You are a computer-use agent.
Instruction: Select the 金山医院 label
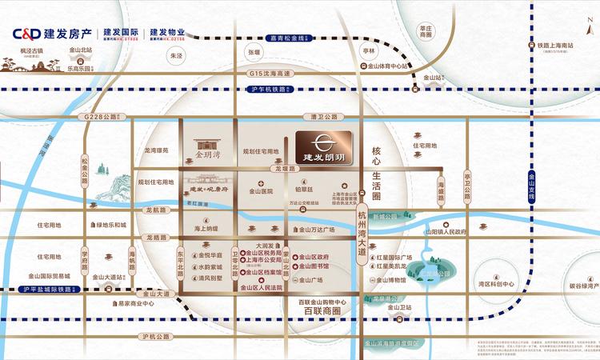pyautogui.click(x=261, y=191)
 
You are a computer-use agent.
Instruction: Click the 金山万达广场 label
pyautogui.click(x=327, y=229)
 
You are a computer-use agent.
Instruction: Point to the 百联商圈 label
pyautogui.click(x=319, y=309)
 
